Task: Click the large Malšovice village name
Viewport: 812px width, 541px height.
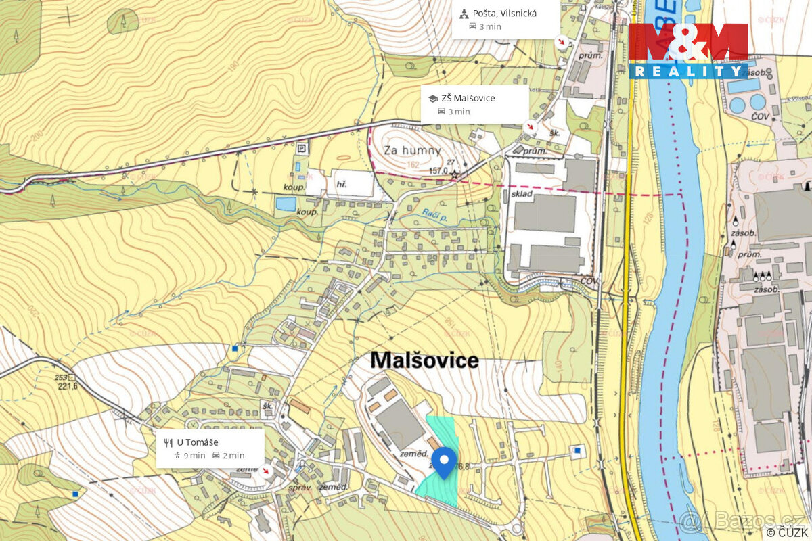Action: (x=424, y=360)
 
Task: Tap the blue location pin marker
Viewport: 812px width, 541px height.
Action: (x=443, y=463)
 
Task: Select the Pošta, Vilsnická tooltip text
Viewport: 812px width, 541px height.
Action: (x=504, y=13)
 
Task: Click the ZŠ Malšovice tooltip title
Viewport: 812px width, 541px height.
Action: (x=468, y=98)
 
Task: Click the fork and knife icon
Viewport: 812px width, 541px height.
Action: (x=168, y=443)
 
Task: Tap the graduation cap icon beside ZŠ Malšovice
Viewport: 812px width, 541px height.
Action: (x=432, y=99)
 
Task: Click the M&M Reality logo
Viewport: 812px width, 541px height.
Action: (x=688, y=51)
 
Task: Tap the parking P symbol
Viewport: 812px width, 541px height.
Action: (x=302, y=147)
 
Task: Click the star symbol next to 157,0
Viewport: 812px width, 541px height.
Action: (x=455, y=175)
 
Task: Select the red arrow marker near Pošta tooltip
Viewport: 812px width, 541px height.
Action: (x=562, y=42)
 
